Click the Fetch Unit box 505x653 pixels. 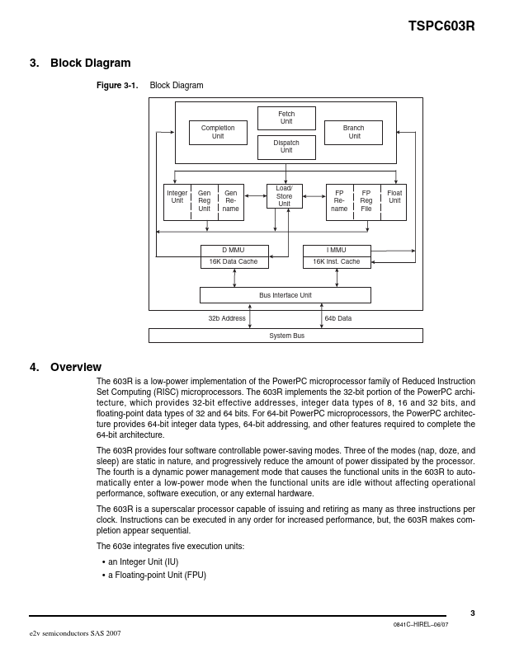pos(286,118)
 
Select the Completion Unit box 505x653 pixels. pos(218,132)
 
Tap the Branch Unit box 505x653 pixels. pos(354,132)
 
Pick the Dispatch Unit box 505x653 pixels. pos(286,147)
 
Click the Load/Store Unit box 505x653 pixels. pos(284,196)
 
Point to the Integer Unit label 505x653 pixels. pos(177,197)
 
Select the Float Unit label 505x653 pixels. pos(394,197)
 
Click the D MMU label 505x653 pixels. pos(234,250)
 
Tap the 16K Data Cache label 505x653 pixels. pos(234,261)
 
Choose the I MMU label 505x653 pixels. pos(337,250)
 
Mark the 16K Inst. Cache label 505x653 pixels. pos(337,261)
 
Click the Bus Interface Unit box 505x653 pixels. pos(286,295)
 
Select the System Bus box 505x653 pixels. pos(286,336)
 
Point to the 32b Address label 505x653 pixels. pos(226,317)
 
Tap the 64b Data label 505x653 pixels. pos(338,317)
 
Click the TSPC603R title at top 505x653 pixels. pos(441,26)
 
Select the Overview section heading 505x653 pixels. pos(76,367)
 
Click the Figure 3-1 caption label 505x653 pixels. pos(117,86)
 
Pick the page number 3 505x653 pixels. pos(473,613)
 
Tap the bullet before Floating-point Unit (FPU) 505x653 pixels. pos(104,575)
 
